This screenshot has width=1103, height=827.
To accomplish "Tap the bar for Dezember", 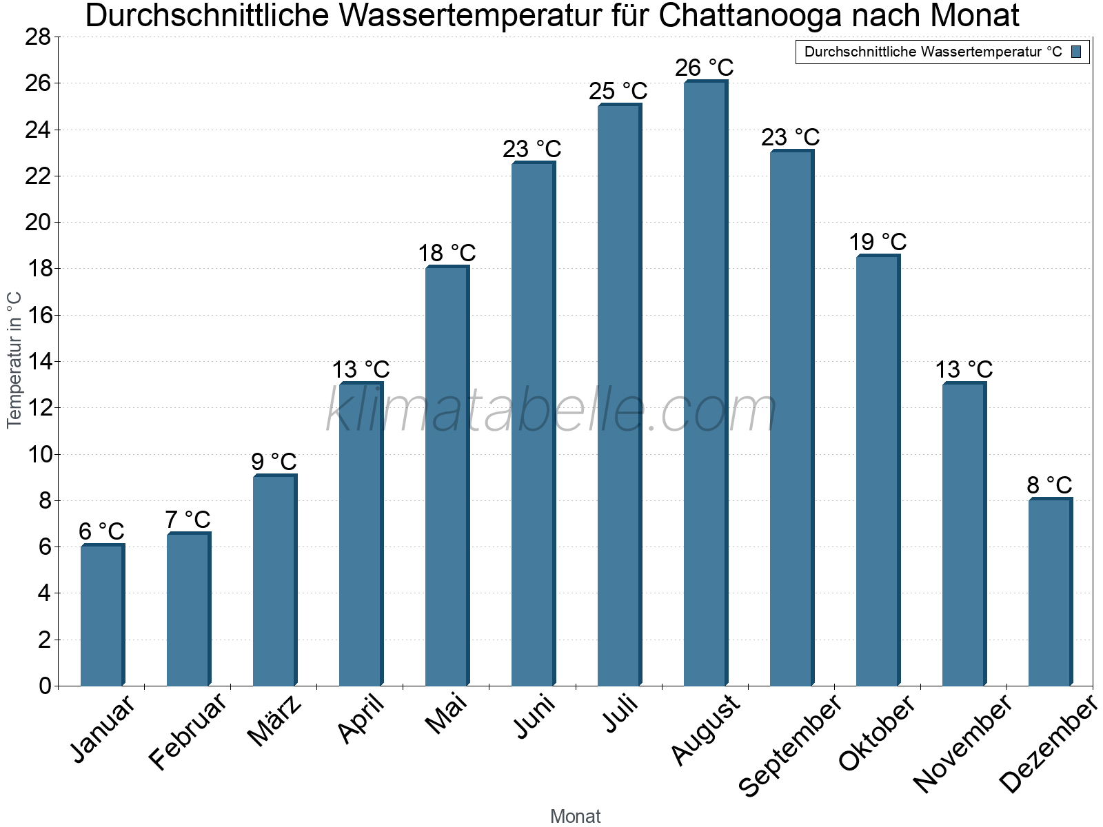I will (x=1050, y=592).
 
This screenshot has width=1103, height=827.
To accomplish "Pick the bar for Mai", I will (x=447, y=476).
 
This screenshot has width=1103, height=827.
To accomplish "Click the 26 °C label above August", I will (x=704, y=68).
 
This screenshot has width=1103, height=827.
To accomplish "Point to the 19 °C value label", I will (x=877, y=243).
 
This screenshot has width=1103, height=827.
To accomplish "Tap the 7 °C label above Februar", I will (x=188, y=520).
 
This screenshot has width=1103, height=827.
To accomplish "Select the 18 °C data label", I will (x=447, y=253).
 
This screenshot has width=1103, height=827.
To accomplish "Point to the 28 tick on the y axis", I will (x=39, y=37).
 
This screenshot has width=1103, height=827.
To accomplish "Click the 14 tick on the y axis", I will (x=39, y=362).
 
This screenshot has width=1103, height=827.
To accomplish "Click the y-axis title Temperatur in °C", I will (x=14, y=360).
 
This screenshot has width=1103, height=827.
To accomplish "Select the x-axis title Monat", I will (x=575, y=816).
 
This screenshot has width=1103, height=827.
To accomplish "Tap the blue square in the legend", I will (x=1076, y=52).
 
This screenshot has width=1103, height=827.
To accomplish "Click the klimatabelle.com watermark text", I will (x=551, y=411).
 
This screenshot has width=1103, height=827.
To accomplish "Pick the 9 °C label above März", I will (x=274, y=462).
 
